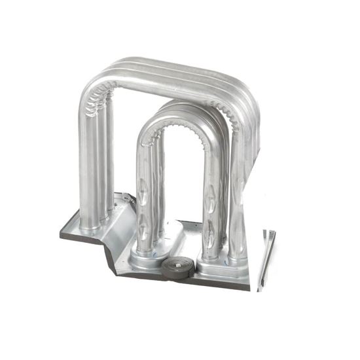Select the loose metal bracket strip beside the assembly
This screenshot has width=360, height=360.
[266, 259]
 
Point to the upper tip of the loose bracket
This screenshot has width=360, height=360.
[269, 232]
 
